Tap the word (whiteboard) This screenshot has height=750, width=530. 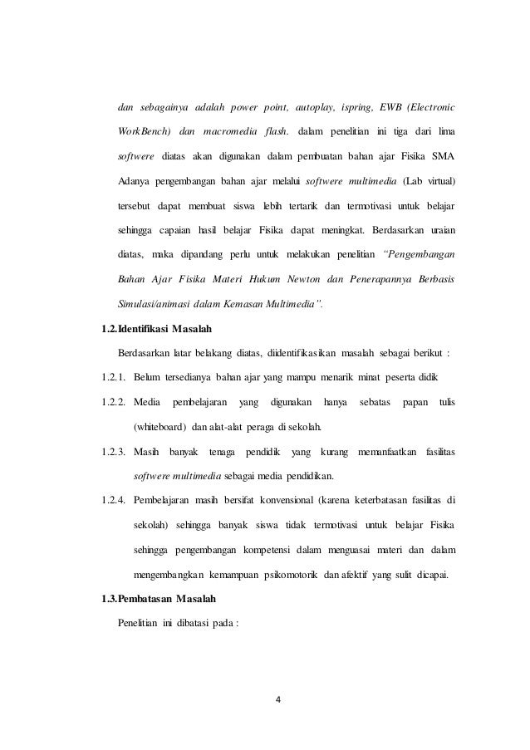(160, 428)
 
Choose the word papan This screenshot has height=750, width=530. (413, 404)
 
